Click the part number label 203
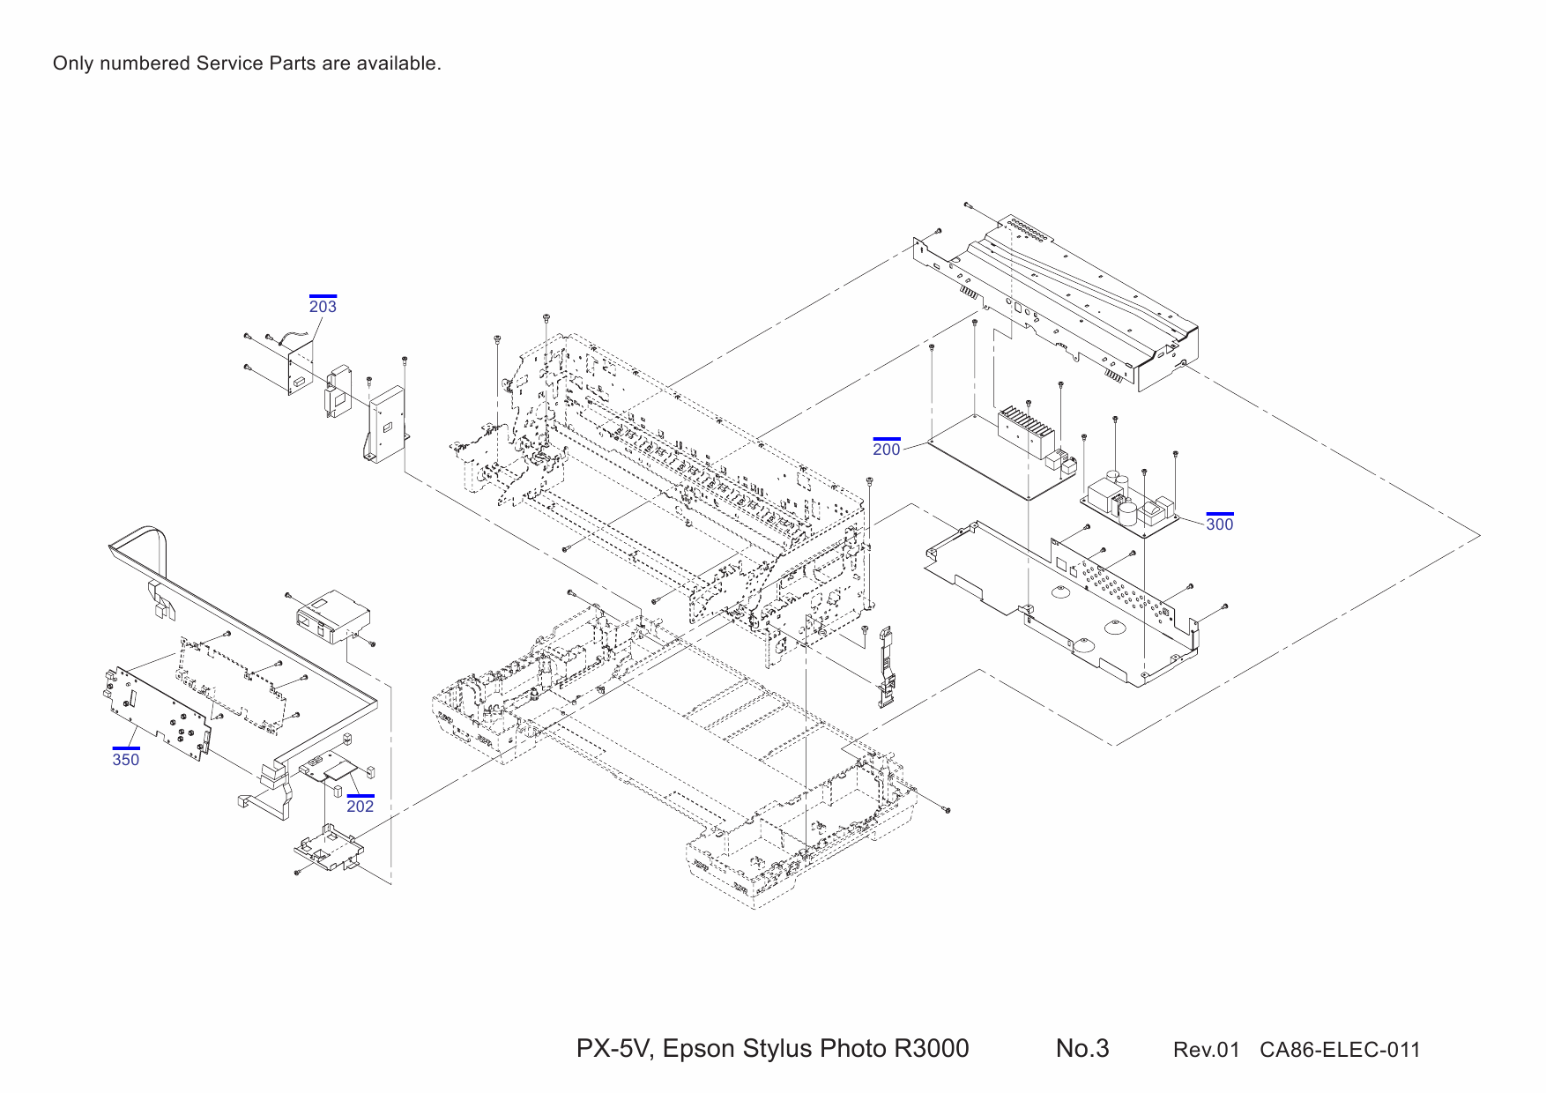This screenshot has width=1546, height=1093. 323,307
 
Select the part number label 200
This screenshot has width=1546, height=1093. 886,450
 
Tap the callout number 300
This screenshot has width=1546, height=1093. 1219,524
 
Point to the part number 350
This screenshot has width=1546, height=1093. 125,760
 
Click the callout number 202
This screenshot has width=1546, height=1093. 360,807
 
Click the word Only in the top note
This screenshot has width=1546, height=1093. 72,63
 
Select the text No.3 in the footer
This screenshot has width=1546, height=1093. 1081,1048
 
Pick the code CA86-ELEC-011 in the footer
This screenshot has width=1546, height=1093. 1339,1050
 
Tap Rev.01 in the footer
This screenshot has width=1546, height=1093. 1205,1050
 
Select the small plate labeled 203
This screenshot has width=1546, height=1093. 301,370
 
